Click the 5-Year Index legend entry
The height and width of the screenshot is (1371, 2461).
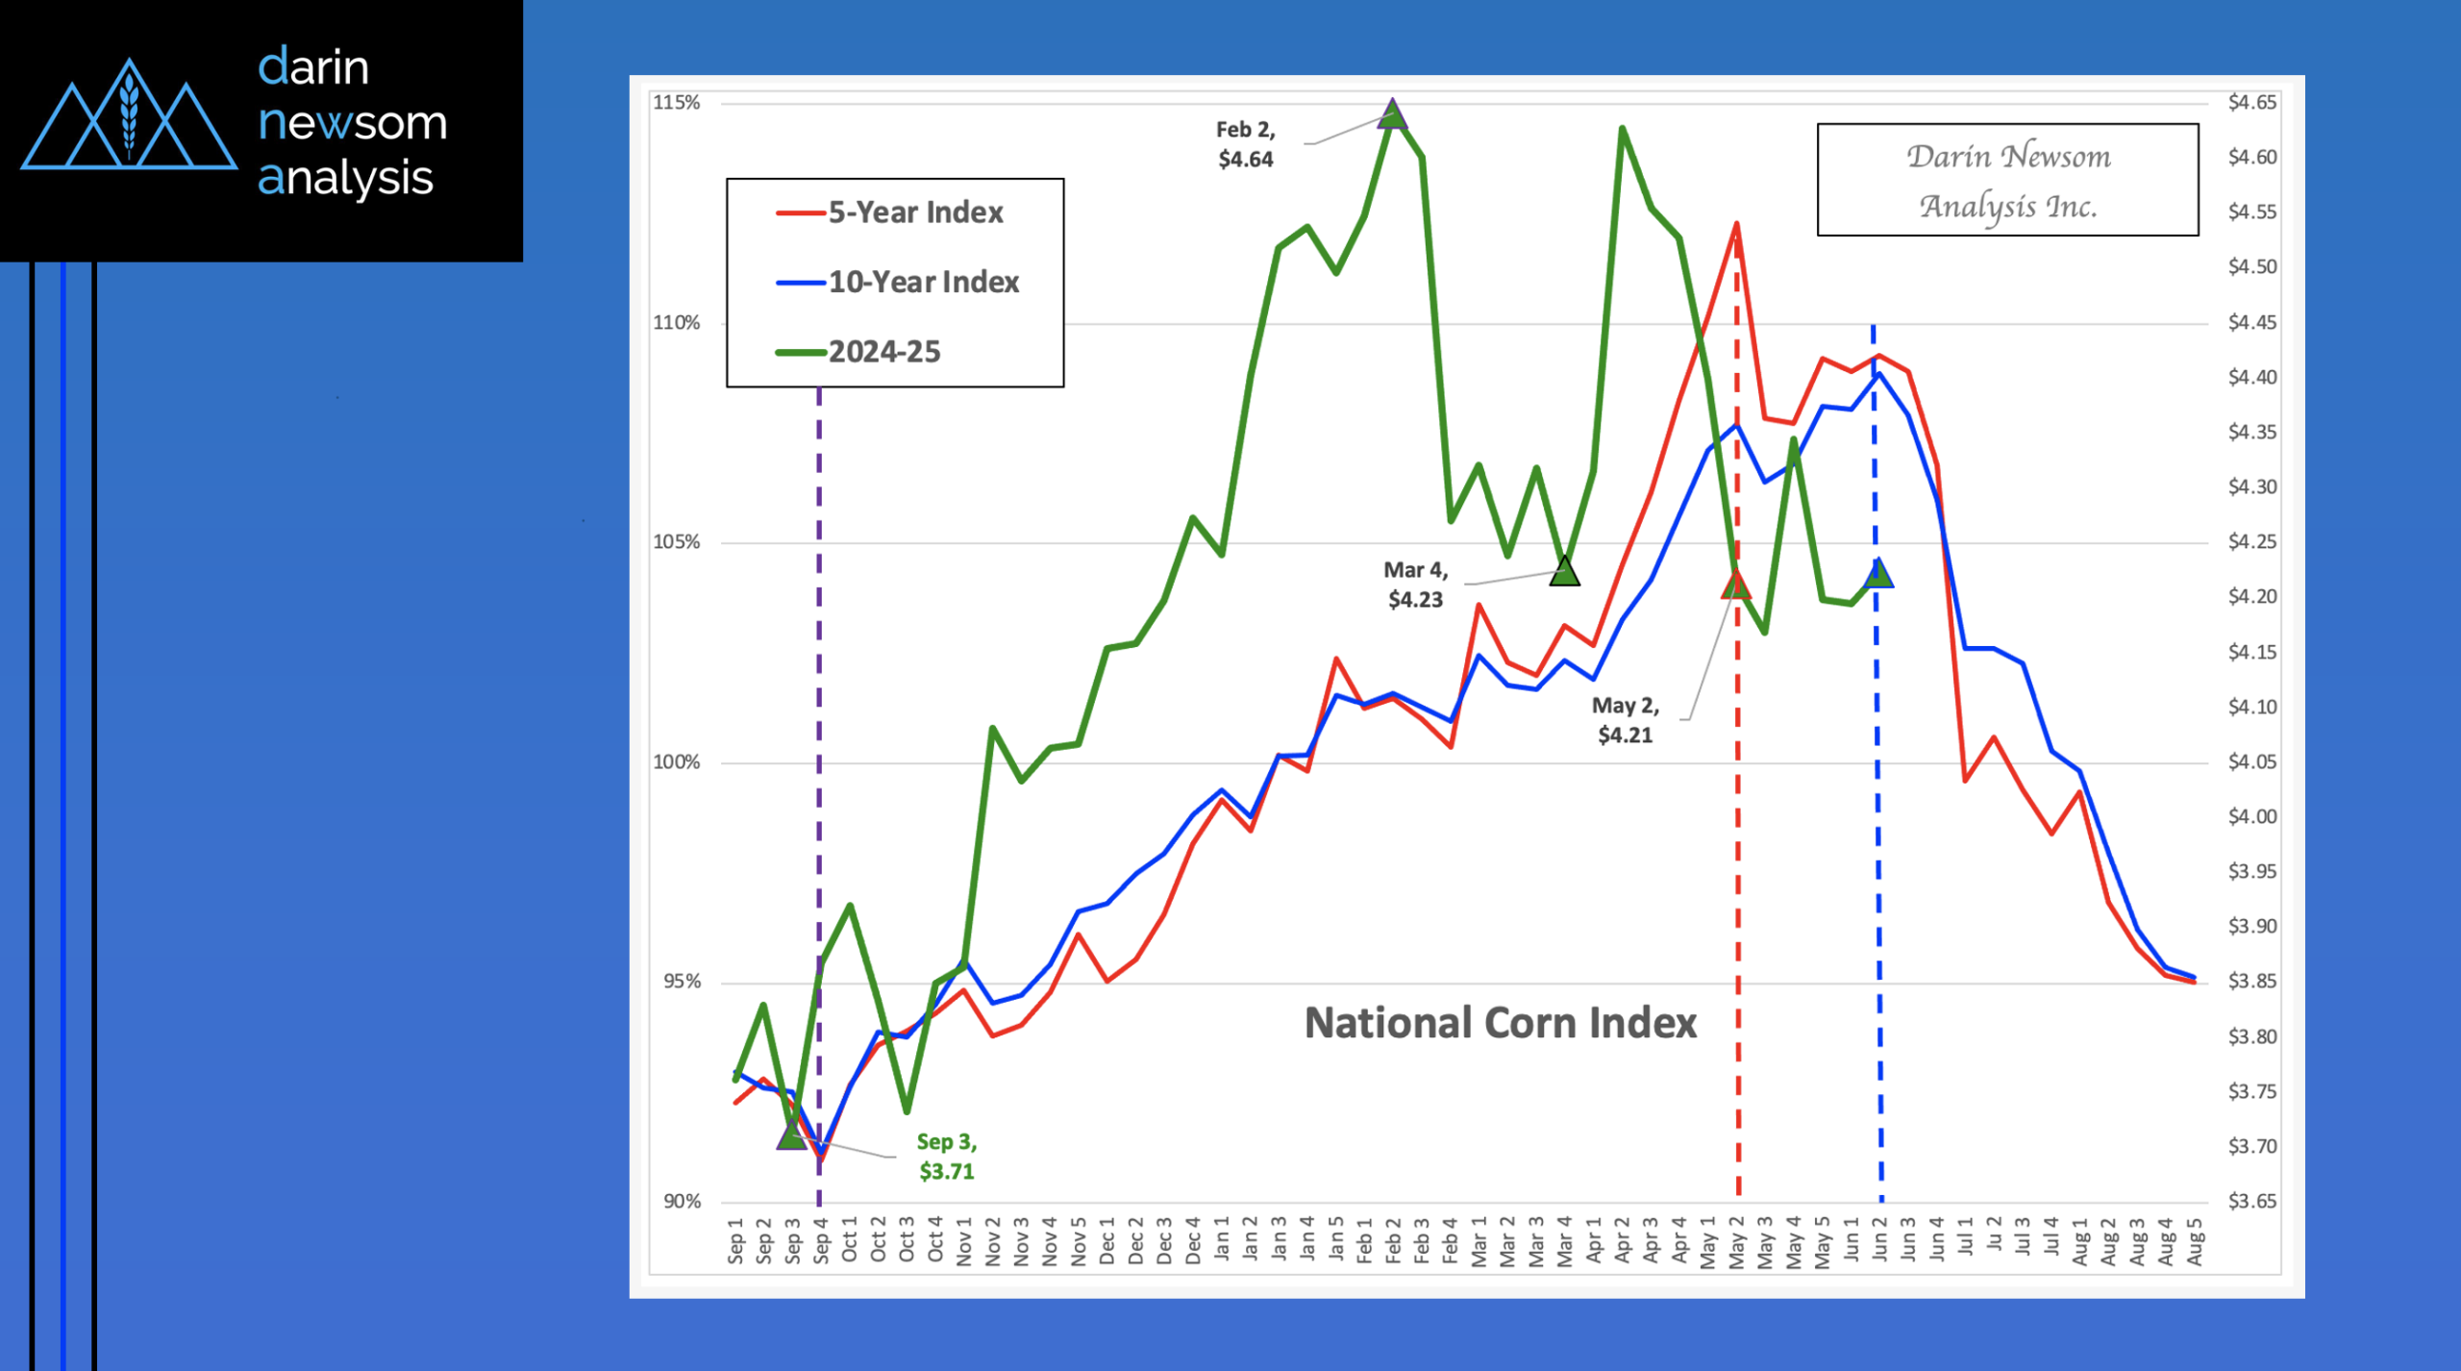[x=914, y=212]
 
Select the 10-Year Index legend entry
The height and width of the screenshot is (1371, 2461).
[x=923, y=282]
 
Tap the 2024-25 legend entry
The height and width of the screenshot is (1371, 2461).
[x=883, y=352]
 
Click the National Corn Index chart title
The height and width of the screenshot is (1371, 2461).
[x=1500, y=1023]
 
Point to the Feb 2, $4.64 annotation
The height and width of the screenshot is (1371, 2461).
[x=1245, y=144]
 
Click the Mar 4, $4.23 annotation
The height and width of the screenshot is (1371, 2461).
[x=1415, y=585]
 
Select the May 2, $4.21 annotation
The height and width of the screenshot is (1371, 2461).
[x=1625, y=720]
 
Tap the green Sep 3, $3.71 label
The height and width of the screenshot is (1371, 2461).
[x=946, y=1157]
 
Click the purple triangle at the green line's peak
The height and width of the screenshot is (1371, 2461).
[x=1392, y=114]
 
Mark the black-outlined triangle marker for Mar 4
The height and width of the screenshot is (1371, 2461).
[x=1564, y=572]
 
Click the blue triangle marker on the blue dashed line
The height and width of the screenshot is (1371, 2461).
[x=1877, y=574]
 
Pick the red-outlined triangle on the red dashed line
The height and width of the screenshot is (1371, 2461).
[x=1736, y=584]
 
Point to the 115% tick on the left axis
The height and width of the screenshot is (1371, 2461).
[x=677, y=103]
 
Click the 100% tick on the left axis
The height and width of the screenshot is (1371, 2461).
[x=677, y=762]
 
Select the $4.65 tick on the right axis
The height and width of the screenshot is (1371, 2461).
[x=2252, y=102]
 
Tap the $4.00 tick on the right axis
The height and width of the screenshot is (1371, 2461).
[x=2252, y=816]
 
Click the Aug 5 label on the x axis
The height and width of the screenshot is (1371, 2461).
[x=2195, y=1241]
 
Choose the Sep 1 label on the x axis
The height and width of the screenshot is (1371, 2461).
[x=735, y=1241]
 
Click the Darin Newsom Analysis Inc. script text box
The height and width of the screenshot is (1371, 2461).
[x=2007, y=180]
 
